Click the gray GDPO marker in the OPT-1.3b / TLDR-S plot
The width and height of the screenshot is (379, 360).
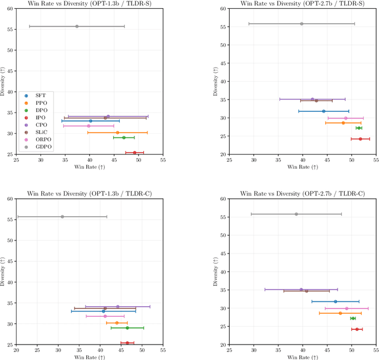click(x=77, y=26)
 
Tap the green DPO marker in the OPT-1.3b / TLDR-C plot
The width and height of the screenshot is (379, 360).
click(x=127, y=327)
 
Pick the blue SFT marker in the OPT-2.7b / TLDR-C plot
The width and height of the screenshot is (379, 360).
click(x=335, y=301)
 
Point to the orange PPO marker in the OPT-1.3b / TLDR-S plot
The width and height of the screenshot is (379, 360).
click(x=117, y=133)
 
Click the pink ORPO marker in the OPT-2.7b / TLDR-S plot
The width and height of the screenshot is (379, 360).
click(x=346, y=118)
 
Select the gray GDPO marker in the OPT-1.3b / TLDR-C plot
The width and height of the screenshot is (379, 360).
click(x=62, y=217)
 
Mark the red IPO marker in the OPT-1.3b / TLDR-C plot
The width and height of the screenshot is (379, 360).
click(x=127, y=343)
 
